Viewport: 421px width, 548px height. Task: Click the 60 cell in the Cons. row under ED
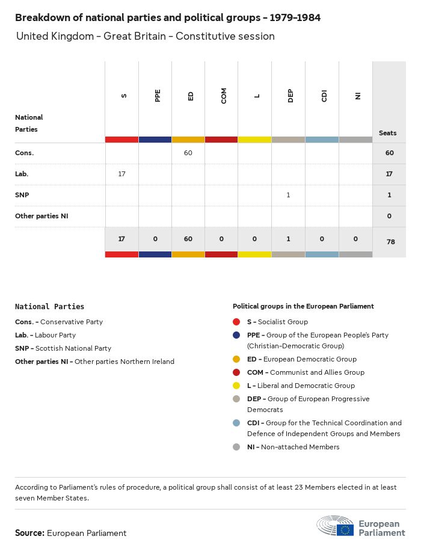pyautogui.click(x=188, y=153)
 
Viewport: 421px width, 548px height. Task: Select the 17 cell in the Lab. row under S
pyautogui.click(x=121, y=174)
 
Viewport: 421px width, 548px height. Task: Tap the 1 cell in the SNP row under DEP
pyautogui.click(x=289, y=195)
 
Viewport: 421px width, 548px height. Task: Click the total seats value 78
pyautogui.click(x=389, y=242)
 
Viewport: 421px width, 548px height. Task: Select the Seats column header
pyautogui.click(x=388, y=133)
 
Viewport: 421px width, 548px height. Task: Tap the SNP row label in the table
pyautogui.click(x=22, y=195)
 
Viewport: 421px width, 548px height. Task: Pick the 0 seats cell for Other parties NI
pyautogui.click(x=389, y=216)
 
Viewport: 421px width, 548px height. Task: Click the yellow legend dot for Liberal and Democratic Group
pyautogui.click(x=236, y=386)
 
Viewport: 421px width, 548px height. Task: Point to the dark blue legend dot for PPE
pyautogui.click(x=236, y=335)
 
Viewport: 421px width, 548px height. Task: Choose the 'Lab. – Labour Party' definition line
pyautogui.click(x=45, y=335)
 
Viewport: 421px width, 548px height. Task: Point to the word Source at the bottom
pyautogui.click(x=29, y=533)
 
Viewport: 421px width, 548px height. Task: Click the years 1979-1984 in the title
pyautogui.click(x=295, y=18)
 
